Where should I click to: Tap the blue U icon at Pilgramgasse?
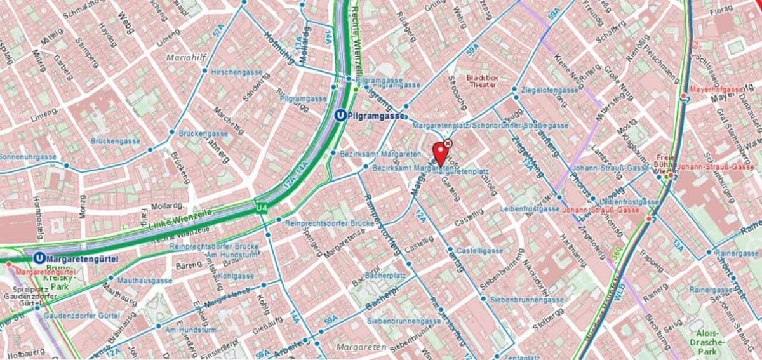pos(340,116)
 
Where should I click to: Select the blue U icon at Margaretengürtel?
pos(40,258)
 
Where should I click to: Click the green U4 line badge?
pos(261,208)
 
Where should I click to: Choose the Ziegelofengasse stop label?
pos(549,90)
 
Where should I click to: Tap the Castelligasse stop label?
pos(480,251)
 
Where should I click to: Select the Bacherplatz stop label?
pos(384,276)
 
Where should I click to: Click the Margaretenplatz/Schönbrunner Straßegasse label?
pos(490,126)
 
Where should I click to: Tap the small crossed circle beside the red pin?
pos(448,144)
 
